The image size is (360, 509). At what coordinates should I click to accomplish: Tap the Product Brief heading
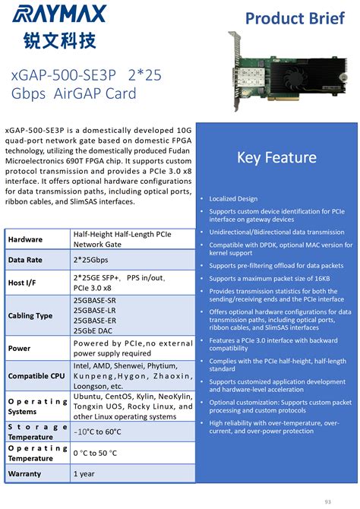click(300, 18)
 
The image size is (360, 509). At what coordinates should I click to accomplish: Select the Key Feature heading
click(276, 157)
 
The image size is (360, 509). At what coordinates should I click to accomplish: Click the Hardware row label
click(25, 239)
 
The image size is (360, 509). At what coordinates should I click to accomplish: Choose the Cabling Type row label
click(30, 315)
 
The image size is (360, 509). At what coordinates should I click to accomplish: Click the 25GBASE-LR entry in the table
click(94, 311)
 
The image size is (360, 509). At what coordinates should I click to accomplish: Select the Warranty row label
click(25, 473)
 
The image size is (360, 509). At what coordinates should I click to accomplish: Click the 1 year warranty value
click(84, 473)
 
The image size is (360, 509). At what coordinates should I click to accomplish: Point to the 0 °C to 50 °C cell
click(96, 454)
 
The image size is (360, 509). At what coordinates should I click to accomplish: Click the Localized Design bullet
click(234, 198)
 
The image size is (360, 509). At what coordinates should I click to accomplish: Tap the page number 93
click(327, 501)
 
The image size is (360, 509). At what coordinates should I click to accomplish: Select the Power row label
click(21, 349)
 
